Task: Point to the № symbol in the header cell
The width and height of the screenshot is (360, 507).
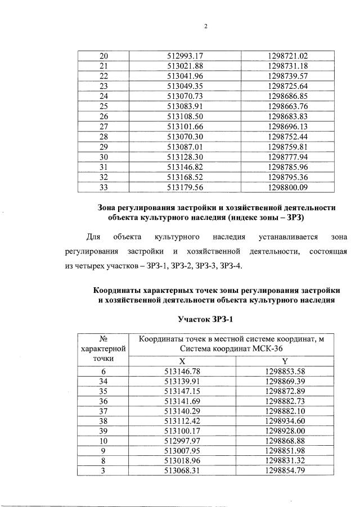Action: [103, 339]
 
